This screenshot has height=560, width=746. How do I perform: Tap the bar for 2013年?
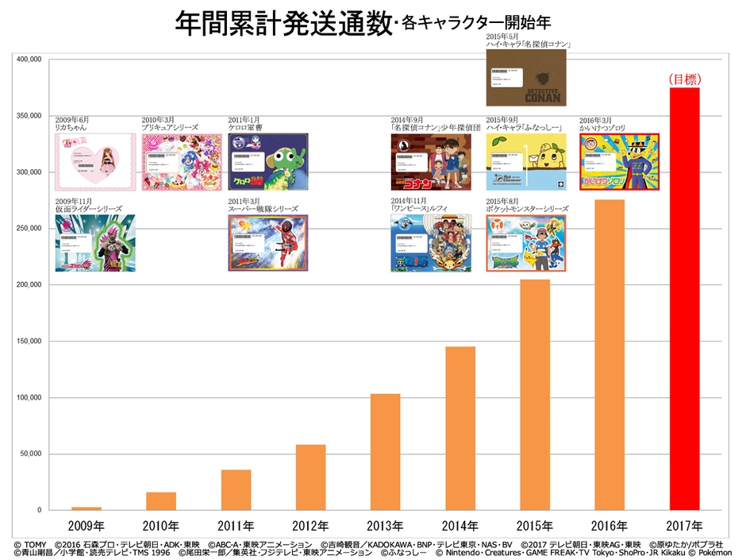point(385,452)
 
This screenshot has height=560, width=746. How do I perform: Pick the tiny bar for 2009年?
point(86,508)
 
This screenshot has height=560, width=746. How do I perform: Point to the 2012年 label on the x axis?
point(310,526)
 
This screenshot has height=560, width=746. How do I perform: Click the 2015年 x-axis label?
point(535,526)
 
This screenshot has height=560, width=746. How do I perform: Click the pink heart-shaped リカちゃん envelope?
point(94,161)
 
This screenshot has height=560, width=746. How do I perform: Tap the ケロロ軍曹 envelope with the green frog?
point(267,161)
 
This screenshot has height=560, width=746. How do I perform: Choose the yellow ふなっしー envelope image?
point(525,161)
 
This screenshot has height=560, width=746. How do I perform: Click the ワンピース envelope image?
point(430,242)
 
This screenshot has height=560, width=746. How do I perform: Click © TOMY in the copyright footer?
point(32,544)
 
